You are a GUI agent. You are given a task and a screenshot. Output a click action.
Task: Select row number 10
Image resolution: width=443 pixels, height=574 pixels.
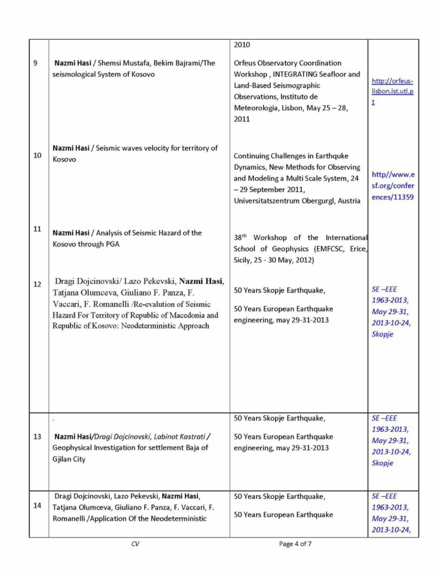pos(37,155)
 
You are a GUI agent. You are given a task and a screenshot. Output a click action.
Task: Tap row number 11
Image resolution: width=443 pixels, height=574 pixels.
pos(37,229)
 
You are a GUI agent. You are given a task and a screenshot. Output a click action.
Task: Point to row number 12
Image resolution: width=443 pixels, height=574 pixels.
pos(37,284)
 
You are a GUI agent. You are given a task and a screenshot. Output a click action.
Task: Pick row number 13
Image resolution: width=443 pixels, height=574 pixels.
pos(37,437)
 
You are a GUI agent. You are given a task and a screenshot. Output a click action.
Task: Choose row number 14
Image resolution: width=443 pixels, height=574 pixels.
pos(37,505)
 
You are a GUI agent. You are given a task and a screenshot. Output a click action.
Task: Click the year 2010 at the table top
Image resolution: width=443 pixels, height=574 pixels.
pos(242,44)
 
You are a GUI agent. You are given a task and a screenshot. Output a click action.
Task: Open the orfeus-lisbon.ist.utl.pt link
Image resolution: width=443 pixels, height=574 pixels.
pos(393,91)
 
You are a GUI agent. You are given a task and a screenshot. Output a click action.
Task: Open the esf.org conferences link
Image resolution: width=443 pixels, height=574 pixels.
pos(393,185)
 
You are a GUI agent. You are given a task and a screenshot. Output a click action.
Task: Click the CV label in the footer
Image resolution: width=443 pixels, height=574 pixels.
pos(135,544)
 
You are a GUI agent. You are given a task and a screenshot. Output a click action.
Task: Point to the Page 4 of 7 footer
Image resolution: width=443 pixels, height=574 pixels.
pos(295,544)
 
